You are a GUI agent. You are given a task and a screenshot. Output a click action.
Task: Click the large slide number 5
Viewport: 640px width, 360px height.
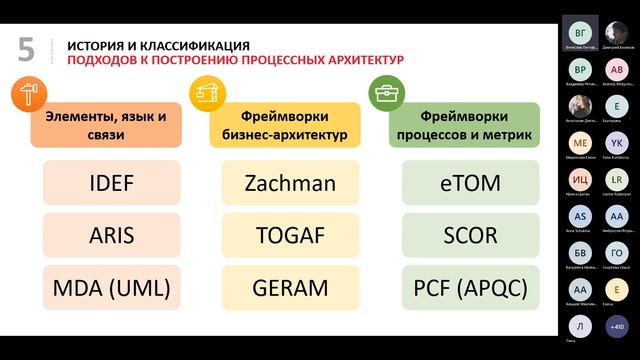click(26, 49)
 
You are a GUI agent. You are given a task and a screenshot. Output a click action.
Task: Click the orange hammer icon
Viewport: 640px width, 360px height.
click(25, 94)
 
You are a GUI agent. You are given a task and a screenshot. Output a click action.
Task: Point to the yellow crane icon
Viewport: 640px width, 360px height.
click(206, 94)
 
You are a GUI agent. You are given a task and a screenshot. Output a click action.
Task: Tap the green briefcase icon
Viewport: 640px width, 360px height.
click(383, 94)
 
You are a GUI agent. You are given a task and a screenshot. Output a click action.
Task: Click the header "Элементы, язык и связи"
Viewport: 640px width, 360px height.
click(106, 125)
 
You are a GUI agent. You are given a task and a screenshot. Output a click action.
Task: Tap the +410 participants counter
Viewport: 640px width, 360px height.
click(616, 326)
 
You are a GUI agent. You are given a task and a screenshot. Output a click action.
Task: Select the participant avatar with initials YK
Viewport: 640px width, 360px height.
click(617, 141)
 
